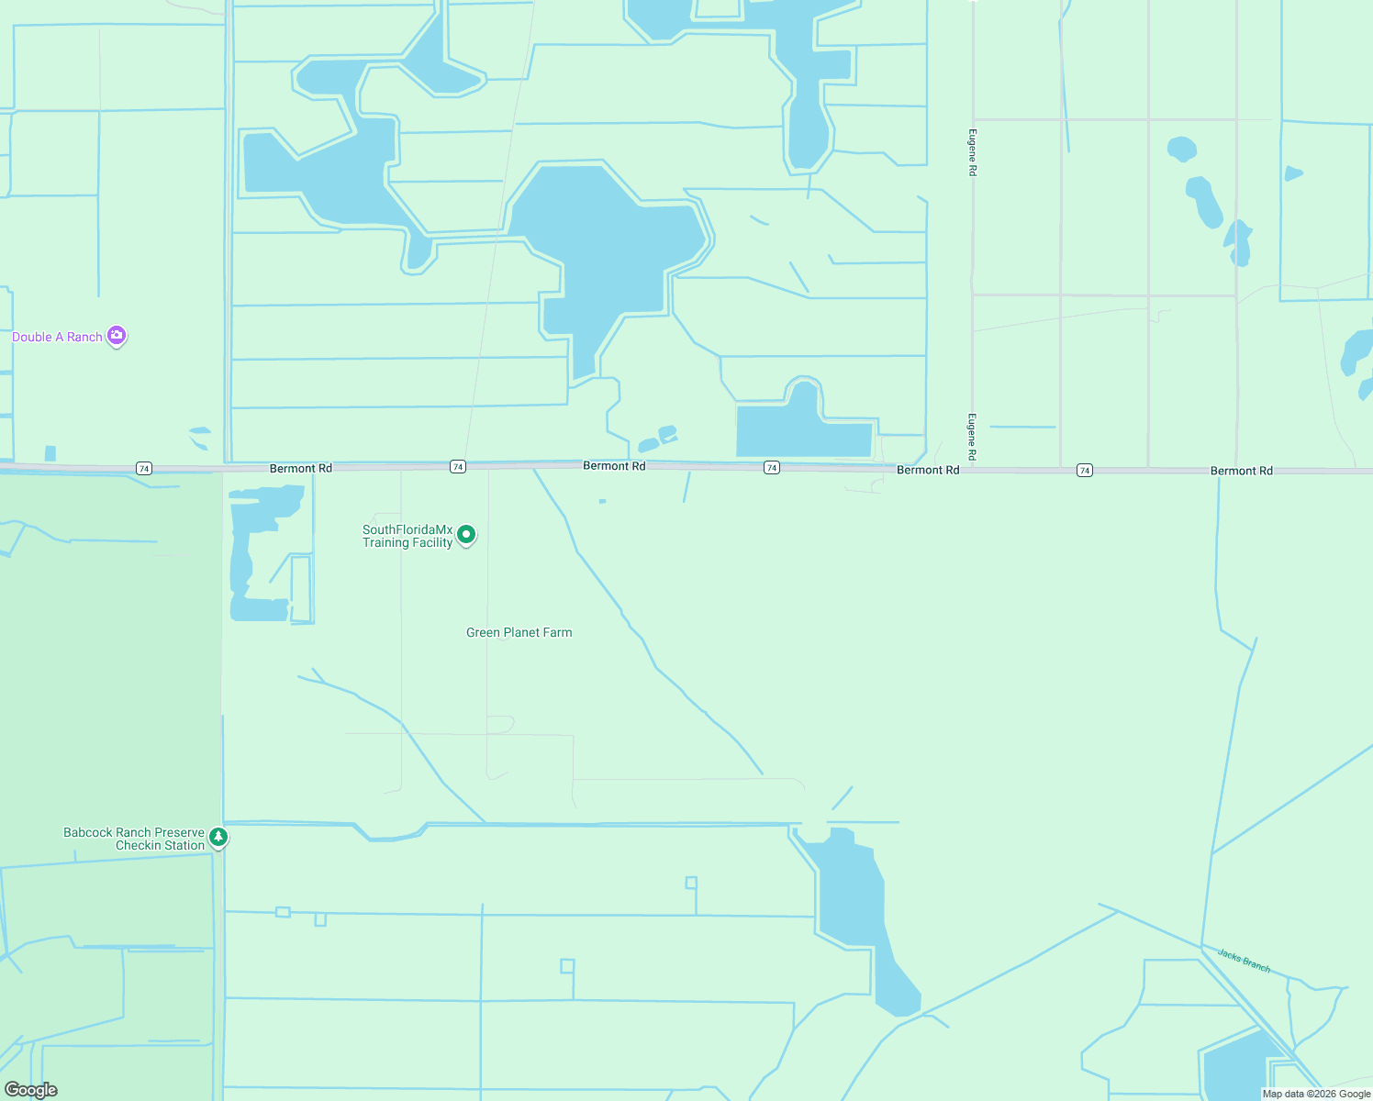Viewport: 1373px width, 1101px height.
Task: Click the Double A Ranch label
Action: click(x=57, y=337)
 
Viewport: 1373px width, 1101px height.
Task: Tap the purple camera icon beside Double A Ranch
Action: click(x=117, y=336)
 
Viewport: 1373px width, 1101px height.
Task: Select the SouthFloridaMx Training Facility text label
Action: click(x=407, y=536)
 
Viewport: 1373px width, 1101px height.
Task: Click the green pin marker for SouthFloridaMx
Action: click(x=466, y=534)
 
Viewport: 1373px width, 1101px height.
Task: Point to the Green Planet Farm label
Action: click(x=519, y=632)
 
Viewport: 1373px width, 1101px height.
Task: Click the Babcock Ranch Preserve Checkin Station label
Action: click(x=134, y=839)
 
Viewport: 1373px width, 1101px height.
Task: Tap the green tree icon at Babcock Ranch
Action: click(x=218, y=837)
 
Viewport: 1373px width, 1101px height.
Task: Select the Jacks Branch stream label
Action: click(x=1244, y=960)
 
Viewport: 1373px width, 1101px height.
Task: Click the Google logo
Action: click(x=31, y=1090)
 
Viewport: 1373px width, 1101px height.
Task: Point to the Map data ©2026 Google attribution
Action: click(x=1316, y=1094)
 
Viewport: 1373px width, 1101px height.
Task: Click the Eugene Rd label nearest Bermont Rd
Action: click(x=972, y=438)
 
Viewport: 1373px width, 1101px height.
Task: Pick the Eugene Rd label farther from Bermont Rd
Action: click(x=972, y=152)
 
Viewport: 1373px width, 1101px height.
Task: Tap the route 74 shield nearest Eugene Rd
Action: click(x=1085, y=470)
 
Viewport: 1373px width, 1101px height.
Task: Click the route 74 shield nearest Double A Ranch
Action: click(x=144, y=468)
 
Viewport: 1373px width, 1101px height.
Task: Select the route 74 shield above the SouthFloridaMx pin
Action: click(x=458, y=467)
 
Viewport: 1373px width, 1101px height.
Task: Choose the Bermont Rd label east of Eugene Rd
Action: click(x=1241, y=471)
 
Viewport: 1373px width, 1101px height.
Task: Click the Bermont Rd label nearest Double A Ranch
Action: click(x=301, y=468)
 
